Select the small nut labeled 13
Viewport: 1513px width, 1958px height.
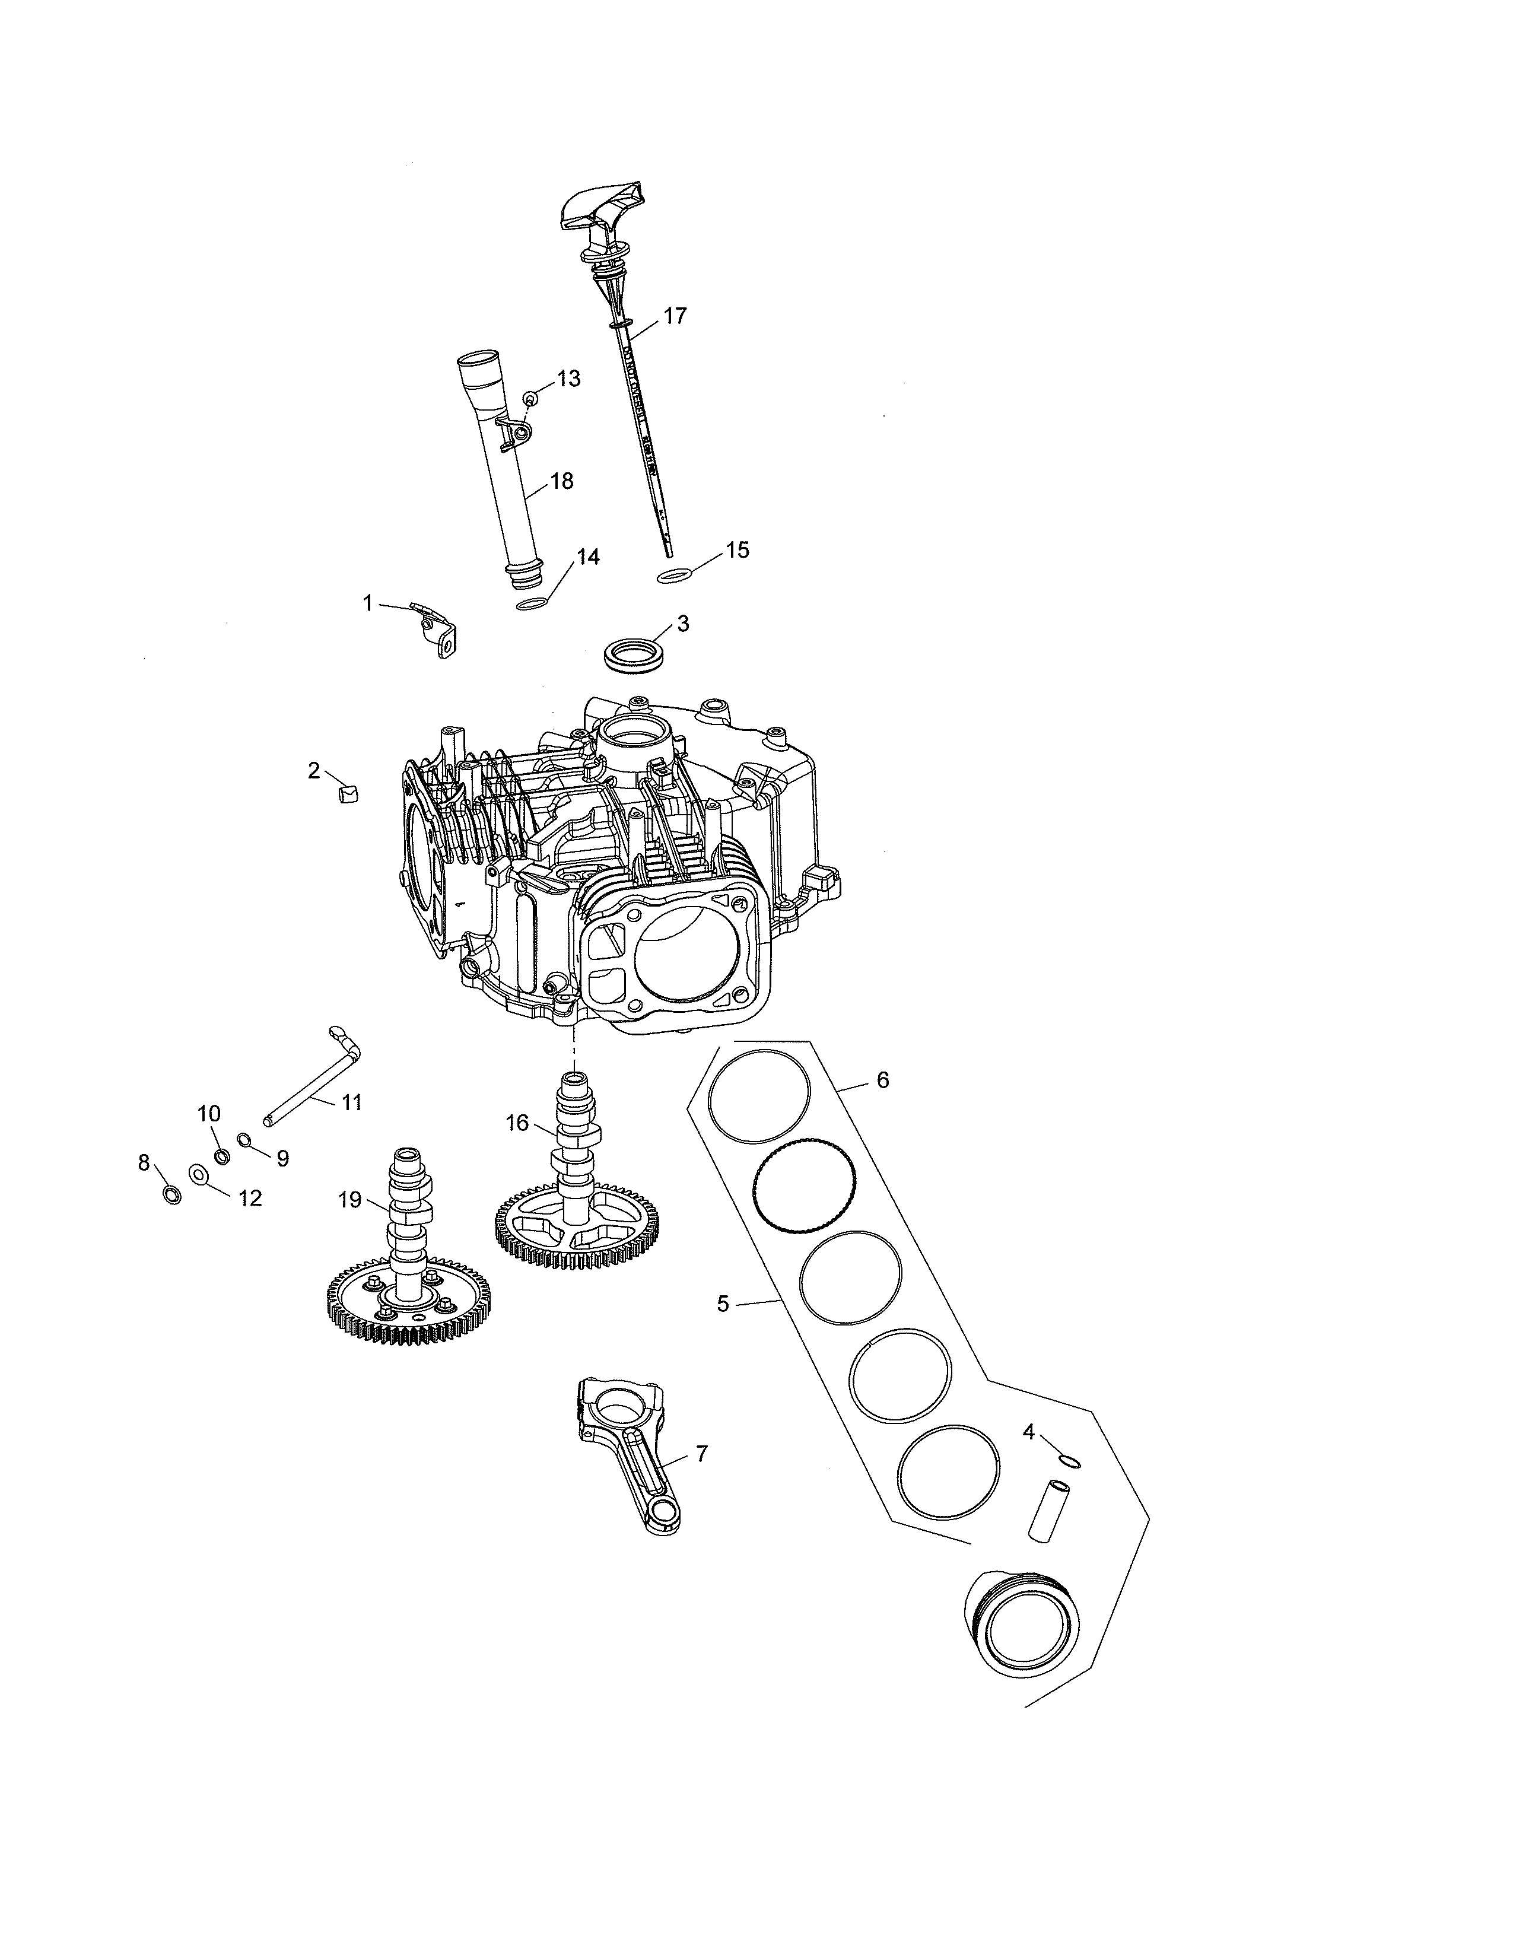(532, 397)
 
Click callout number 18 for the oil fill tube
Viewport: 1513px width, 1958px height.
(561, 481)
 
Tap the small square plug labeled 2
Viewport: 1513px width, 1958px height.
(348, 793)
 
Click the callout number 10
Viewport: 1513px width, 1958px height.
(209, 1114)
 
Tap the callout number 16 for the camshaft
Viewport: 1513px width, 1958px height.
(517, 1123)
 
